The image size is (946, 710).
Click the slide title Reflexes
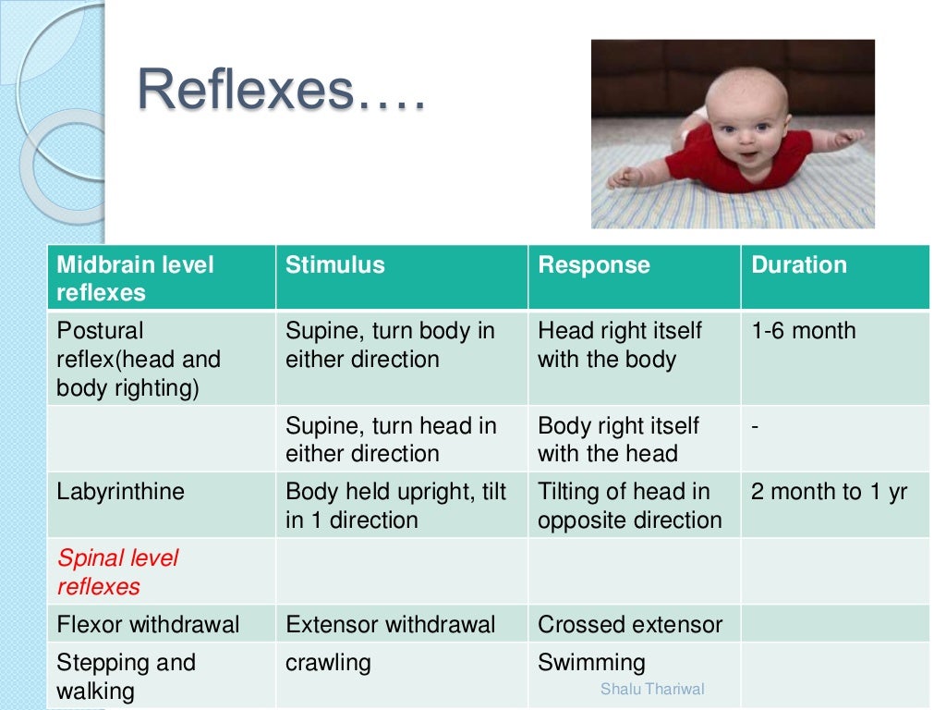click(282, 91)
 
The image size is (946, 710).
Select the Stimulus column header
click(334, 265)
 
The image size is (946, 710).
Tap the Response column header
click(594, 265)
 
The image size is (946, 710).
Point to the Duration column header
click(798, 265)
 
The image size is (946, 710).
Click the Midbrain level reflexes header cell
click(135, 278)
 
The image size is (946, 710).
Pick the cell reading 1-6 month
click(803, 331)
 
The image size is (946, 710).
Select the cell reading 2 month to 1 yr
click(829, 492)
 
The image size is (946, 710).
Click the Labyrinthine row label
click(120, 492)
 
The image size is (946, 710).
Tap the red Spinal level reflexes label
click(117, 572)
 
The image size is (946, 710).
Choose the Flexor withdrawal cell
click(148, 625)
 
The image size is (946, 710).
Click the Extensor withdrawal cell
click(390, 625)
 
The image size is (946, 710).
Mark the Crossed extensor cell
click(629, 625)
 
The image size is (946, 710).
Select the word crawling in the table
click(328, 663)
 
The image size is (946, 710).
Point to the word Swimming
click(591, 663)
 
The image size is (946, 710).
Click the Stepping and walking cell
click(126, 677)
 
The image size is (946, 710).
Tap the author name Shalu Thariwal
click(651, 689)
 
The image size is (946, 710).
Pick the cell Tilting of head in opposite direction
click(629, 506)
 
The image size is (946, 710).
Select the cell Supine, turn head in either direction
click(390, 439)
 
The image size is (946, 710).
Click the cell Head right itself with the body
click(619, 345)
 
